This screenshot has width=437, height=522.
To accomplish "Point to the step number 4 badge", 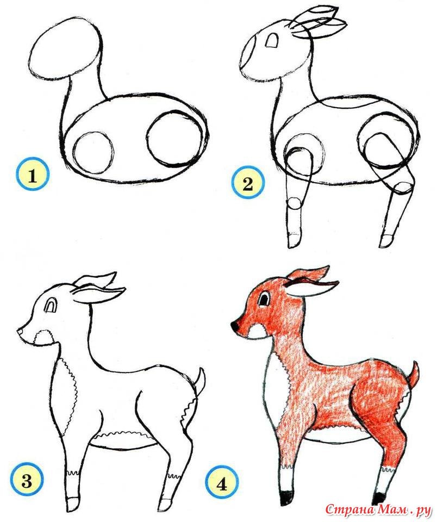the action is (222, 482).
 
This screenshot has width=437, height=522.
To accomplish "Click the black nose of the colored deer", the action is (236, 325).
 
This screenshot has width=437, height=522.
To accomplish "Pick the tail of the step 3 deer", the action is (199, 382).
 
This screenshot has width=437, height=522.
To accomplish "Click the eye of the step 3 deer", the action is (52, 304).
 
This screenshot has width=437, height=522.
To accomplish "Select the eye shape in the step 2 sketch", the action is (272, 40).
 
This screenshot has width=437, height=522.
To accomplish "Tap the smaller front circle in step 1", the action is (93, 152).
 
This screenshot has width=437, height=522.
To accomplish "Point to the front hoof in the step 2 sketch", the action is (295, 241).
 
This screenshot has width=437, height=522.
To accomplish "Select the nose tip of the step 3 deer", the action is (20, 331).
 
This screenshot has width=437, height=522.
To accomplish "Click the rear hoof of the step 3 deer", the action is (166, 504).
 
